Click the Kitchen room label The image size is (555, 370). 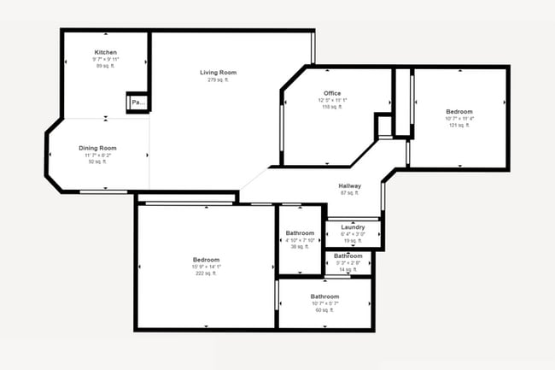click(x=105, y=52)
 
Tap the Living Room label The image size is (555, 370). click(x=218, y=73)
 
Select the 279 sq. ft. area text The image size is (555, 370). click(x=218, y=80)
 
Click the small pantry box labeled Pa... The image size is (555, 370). click(x=137, y=102)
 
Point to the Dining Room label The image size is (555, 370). click(x=97, y=148)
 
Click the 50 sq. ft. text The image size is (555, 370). click(x=97, y=162)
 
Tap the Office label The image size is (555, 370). click(x=332, y=93)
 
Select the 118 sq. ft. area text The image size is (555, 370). click(x=332, y=107)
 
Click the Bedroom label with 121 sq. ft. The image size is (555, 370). click(x=459, y=111)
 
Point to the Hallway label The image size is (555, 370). click(x=349, y=185)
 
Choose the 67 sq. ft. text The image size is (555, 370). click(x=349, y=193)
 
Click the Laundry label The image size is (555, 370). click(x=353, y=226)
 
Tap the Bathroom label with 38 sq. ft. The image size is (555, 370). click(x=300, y=233)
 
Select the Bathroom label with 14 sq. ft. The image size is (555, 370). click(x=348, y=255)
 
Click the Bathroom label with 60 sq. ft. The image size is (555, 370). click(x=324, y=297)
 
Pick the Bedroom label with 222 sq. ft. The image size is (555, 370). click(x=206, y=260)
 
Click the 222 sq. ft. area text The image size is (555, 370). click(x=206, y=273)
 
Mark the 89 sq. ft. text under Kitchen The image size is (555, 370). click(x=105, y=66)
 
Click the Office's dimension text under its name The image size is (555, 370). click(x=332, y=100)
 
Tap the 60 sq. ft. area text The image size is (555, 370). click(x=324, y=310)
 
